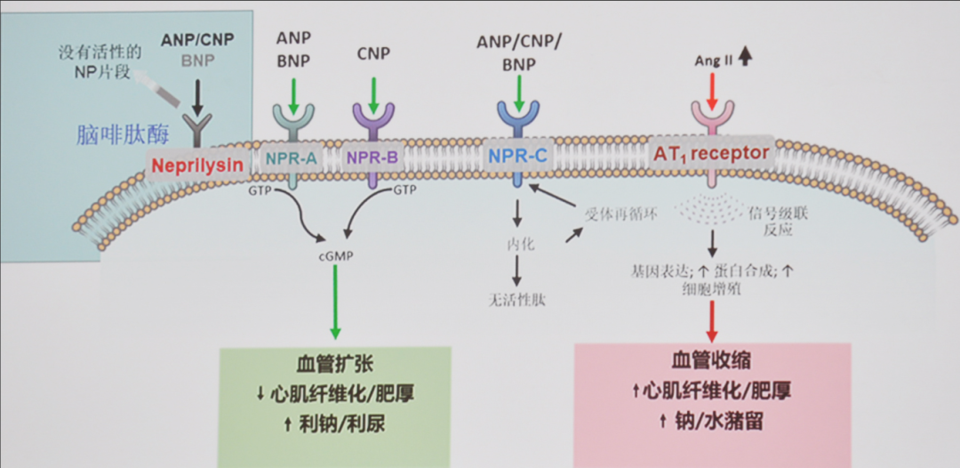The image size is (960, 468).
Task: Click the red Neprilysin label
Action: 196,165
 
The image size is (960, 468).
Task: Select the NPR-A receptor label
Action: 291,158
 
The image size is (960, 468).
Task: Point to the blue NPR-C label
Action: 516,157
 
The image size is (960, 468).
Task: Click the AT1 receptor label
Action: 710,153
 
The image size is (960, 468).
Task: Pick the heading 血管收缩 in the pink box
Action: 711,360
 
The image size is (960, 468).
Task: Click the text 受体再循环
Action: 621,213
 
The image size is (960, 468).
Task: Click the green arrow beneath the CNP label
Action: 373,91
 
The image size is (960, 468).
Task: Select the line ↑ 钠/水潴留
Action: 711,419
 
